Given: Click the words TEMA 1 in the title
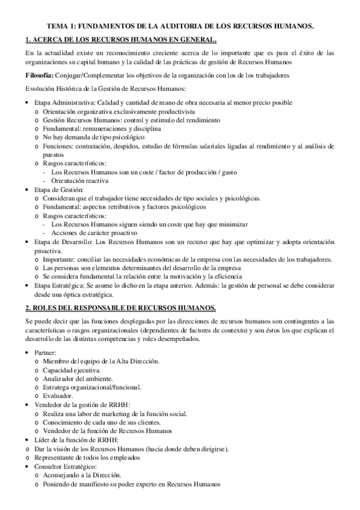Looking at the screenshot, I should point(62,26).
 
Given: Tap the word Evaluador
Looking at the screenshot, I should point(58,396).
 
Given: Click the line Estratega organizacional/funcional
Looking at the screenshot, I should point(94,387).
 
